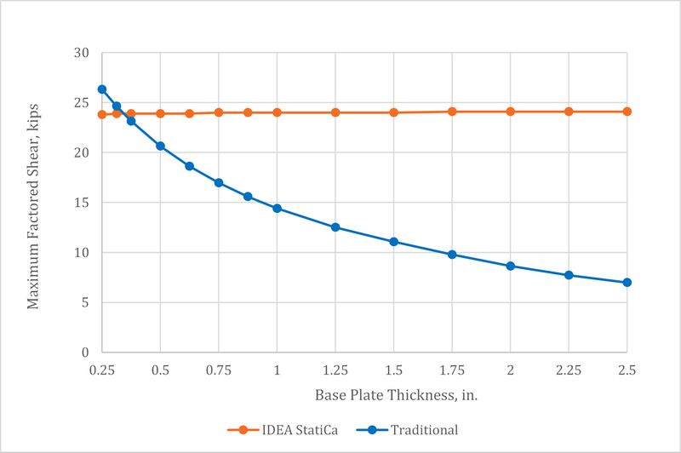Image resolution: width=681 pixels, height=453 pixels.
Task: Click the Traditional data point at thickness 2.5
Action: point(627,283)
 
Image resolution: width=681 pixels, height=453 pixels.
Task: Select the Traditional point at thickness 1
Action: point(277,209)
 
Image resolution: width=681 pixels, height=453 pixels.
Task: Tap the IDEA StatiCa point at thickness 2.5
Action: point(627,112)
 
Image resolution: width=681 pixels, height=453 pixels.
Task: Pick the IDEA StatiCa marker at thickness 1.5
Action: point(393,112)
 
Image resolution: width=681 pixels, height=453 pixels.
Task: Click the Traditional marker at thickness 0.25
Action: point(102,89)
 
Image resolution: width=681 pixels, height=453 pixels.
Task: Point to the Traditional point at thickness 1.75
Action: point(452,255)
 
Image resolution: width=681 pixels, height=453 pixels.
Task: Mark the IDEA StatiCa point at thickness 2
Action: point(511,112)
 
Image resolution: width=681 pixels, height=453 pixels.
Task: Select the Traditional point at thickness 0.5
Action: point(160,146)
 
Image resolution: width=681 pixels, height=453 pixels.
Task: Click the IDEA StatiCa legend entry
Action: point(285,430)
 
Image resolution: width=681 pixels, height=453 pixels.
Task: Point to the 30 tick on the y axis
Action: point(82,54)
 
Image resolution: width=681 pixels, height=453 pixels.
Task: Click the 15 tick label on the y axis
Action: point(82,203)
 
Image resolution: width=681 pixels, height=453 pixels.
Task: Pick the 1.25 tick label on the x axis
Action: point(335,371)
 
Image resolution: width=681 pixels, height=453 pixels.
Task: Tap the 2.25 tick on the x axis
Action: point(569,371)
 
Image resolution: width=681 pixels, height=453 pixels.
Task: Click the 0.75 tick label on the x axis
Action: point(219,371)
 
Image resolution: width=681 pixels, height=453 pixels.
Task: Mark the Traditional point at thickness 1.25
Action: point(335,227)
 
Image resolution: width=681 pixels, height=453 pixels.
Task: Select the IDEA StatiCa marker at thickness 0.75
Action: point(219,112)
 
